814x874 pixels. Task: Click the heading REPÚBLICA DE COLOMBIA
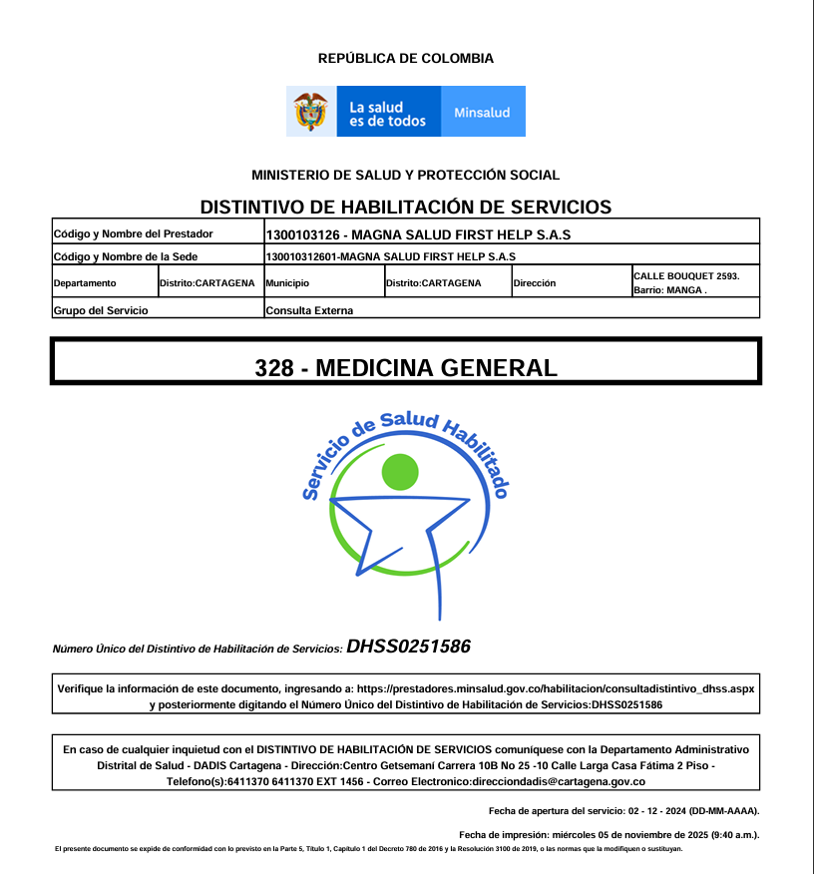pyautogui.click(x=406, y=59)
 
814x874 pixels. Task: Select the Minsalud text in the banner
pyautogui.click(x=482, y=113)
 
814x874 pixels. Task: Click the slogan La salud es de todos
pyautogui.click(x=387, y=114)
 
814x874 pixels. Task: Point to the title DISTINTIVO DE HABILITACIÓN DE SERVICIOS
pyautogui.click(x=405, y=208)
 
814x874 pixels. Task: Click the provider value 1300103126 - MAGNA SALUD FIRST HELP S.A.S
pyautogui.click(x=418, y=235)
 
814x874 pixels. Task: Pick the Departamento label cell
pyautogui.click(x=85, y=283)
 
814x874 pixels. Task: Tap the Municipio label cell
pyautogui.click(x=287, y=283)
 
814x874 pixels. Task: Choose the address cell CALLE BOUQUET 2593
pyautogui.click(x=686, y=275)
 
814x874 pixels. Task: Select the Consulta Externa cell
pyautogui.click(x=309, y=310)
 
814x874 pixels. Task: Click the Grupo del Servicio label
pyautogui.click(x=101, y=310)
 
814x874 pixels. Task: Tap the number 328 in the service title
pyautogui.click(x=274, y=367)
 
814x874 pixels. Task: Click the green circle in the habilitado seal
pyautogui.click(x=400, y=472)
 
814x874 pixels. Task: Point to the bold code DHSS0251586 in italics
pyautogui.click(x=408, y=647)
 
